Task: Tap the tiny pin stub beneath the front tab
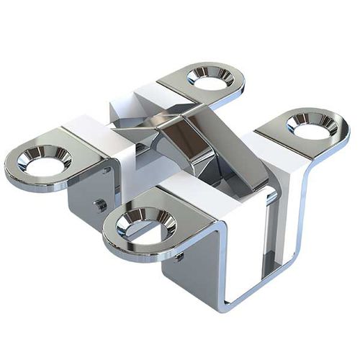[x=179, y=256]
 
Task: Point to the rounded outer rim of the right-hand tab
[x=344, y=133]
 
